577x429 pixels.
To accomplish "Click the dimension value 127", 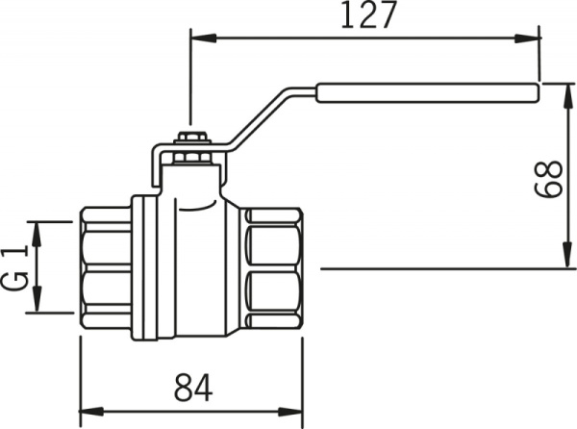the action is (x=368, y=14).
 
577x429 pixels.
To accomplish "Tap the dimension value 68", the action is (x=548, y=179).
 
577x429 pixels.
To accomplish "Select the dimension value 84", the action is (x=193, y=388).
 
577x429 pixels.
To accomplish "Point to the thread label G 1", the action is (x=15, y=267).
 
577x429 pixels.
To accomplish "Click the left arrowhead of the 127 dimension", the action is (x=203, y=38).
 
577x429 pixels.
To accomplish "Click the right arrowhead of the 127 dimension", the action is (x=527, y=38).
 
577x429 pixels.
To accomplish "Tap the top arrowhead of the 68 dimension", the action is (x=567, y=96).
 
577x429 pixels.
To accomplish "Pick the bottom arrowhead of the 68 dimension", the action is (x=567, y=254).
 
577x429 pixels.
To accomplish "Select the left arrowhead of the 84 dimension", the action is (x=91, y=412).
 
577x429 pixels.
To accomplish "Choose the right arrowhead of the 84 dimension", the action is (x=290, y=412).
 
